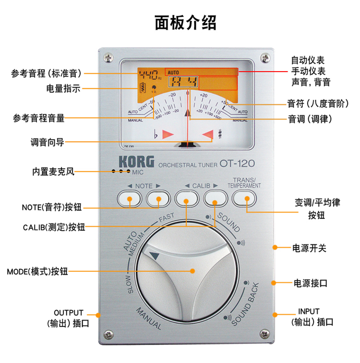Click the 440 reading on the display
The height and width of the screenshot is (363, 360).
pyautogui.click(x=148, y=75)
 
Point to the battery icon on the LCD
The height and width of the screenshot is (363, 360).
pyautogui.click(x=142, y=88)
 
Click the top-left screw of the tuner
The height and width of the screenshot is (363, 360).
pyautogui.click(x=109, y=57)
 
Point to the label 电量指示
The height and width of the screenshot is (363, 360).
pyautogui.click(x=63, y=89)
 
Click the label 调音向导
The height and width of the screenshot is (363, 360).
pyautogui.click(x=47, y=142)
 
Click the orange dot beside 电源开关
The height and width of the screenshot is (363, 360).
pyautogui.click(x=276, y=248)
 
